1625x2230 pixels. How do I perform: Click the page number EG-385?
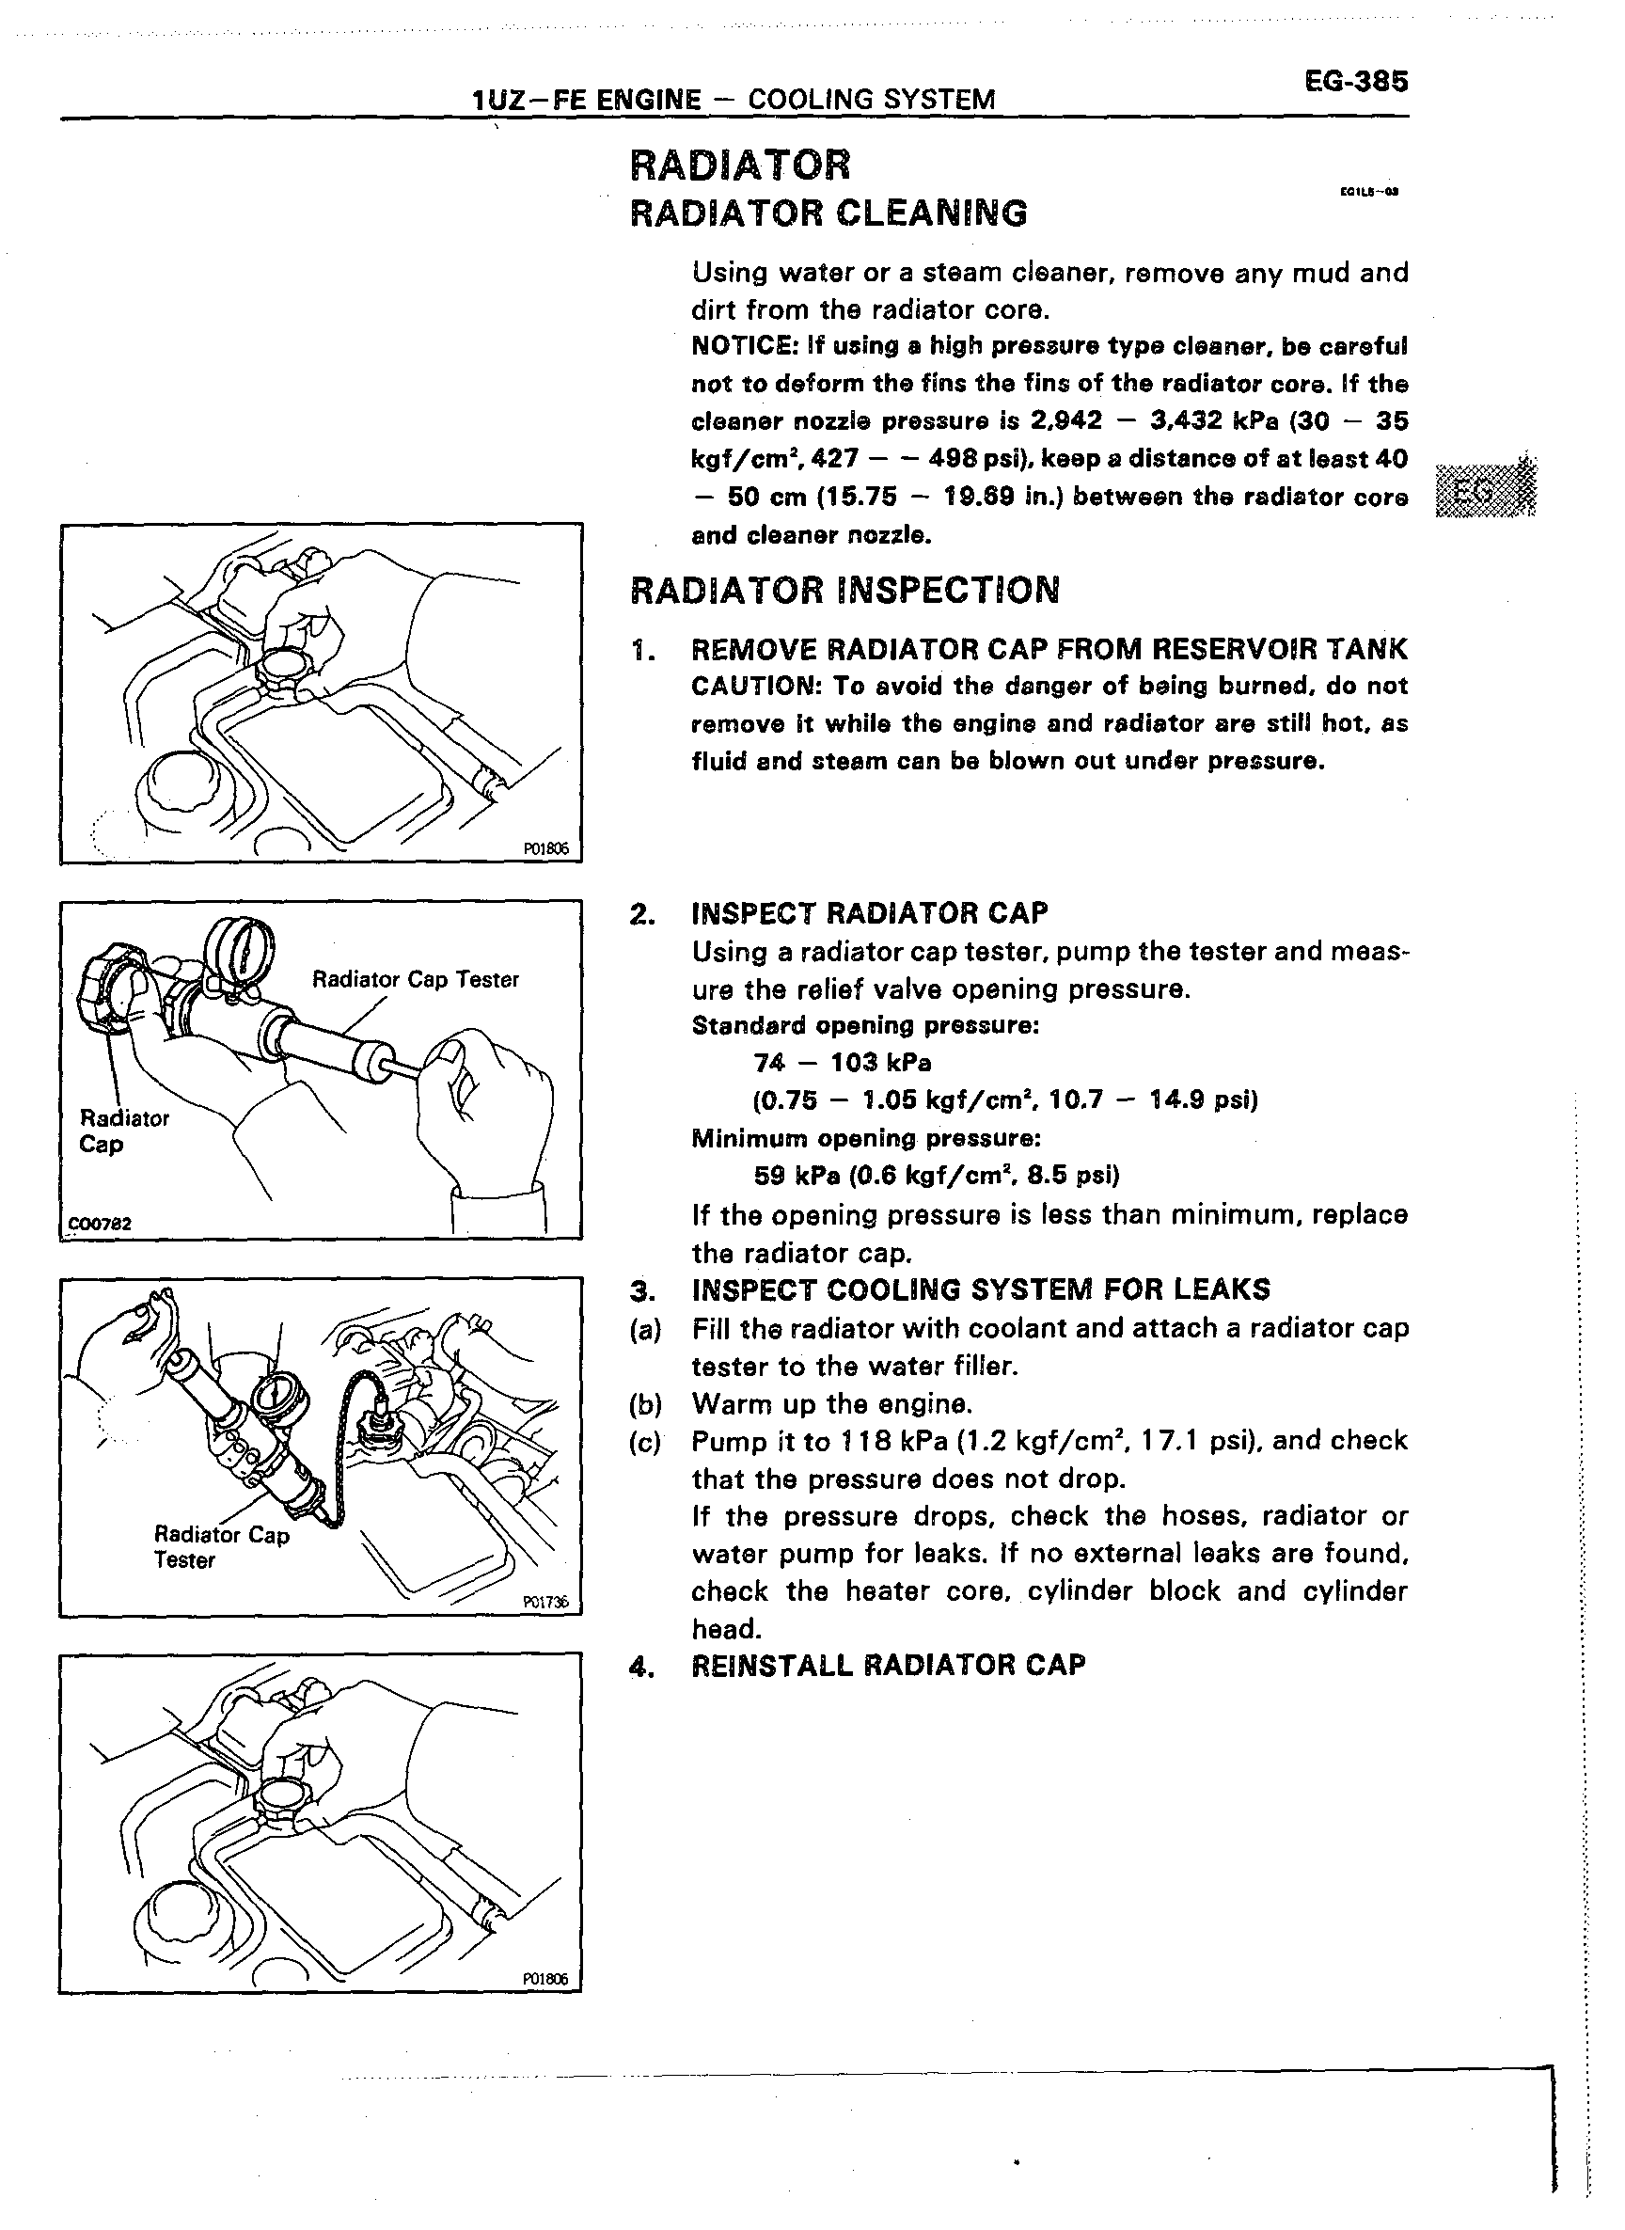click(1355, 82)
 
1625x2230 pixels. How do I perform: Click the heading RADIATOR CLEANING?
click(828, 214)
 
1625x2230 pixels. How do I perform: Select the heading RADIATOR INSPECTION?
click(844, 591)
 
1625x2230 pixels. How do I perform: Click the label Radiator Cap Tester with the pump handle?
click(415, 980)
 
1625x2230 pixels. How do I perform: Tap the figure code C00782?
click(99, 1225)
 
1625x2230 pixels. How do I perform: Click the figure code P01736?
click(546, 1602)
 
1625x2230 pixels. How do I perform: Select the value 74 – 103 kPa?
click(842, 1064)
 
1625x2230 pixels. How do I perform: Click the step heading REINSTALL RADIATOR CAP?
click(889, 1666)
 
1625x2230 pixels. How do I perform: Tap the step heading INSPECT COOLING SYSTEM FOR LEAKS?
click(981, 1289)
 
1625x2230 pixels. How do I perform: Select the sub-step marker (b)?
click(645, 1403)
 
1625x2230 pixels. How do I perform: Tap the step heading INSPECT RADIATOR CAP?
click(870, 914)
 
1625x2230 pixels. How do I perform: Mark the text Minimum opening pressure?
click(865, 1139)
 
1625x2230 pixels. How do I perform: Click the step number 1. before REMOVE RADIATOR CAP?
click(642, 649)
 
